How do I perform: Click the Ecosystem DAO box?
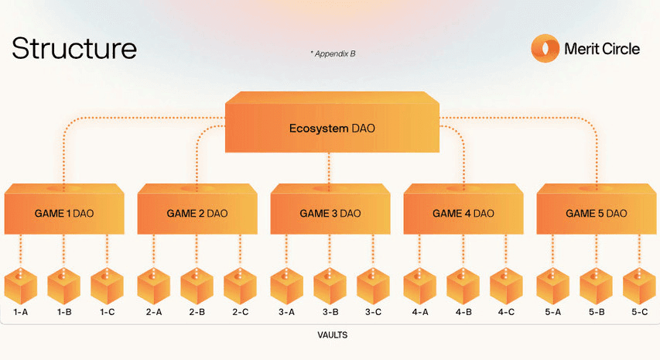tap(332, 122)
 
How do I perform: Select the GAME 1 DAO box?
tap(64, 209)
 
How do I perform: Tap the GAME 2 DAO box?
tap(197, 209)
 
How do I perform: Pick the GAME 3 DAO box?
tap(330, 209)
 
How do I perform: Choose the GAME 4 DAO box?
tap(463, 209)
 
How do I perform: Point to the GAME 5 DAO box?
tap(597, 209)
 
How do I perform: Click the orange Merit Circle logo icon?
tap(545, 49)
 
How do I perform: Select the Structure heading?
tap(74, 48)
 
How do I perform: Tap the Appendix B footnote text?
tap(333, 54)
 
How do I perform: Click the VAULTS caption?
tap(333, 335)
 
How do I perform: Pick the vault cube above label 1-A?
tap(21, 286)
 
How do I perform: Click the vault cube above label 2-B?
tap(197, 286)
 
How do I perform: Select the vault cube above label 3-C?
tap(373, 286)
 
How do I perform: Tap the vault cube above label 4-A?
tap(420, 286)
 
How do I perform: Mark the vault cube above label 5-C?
tap(639, 286)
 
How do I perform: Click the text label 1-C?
tap(108, 313)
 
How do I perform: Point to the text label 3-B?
tap(330, 313)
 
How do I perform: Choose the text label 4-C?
tap(506, 313)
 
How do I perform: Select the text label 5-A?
tap(553, 313)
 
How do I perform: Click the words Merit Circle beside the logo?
tap(602, 49)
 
